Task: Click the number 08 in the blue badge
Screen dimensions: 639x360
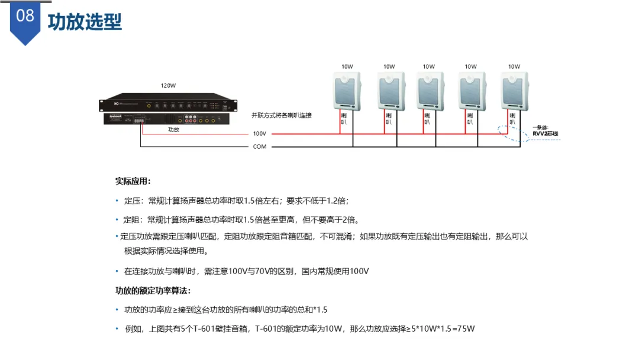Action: [x=25, y=15]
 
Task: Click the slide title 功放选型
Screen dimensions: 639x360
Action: [x=85, y=22]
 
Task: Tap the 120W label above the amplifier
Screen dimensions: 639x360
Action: [x=168, y=86]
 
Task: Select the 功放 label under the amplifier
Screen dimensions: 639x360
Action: [x=173, y=129]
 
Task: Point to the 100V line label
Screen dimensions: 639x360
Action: [x=260, y=134]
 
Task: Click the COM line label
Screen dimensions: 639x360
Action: [x=260, y=146]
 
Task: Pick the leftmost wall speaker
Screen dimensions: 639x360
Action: [x=347, y=91]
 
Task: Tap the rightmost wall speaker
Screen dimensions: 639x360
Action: [x=515, y=91]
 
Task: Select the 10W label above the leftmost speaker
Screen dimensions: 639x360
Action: [x=347, y=67]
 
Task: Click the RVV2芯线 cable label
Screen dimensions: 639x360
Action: [x=546, y=134]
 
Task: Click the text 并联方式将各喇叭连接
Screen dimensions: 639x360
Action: [x=282, y=115]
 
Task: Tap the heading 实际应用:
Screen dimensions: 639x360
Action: [x=133, y=181]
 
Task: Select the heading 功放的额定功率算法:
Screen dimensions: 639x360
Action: [x=153, y=291]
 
